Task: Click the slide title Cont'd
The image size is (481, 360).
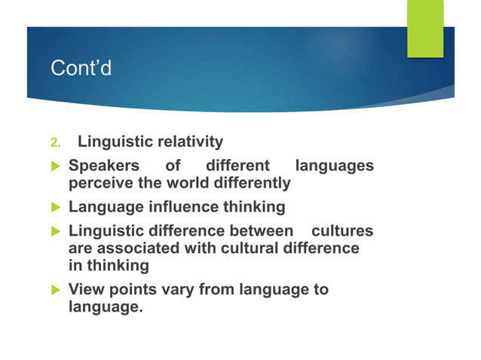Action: click(81, 69)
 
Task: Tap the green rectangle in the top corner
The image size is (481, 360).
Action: click(425, 29)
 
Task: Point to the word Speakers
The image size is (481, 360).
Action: click(104, 165)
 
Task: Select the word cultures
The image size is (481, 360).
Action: click(342, 230)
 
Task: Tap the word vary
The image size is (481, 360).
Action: click(176, 288)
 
